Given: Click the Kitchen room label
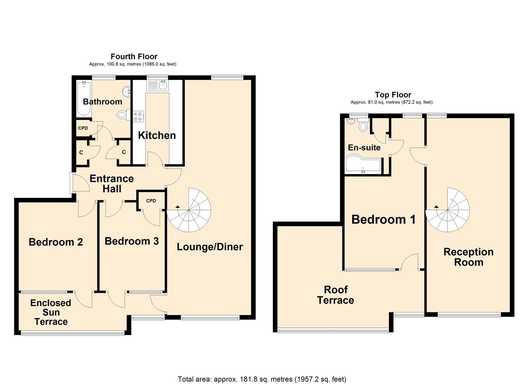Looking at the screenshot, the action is coord(157,135).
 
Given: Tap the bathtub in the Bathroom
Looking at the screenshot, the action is coord(84,99).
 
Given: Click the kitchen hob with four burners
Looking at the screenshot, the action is coord(138,116).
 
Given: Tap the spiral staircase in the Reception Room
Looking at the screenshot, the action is coord(448,210).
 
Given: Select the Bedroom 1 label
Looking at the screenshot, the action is coord(384,219).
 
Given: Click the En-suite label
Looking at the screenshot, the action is coord(364,147).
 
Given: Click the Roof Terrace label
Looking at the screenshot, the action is coord(336,295).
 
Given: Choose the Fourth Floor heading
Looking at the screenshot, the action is coord(134,57).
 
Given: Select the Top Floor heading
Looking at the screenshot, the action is coord(393,95).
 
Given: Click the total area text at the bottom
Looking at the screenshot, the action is coord(262,379).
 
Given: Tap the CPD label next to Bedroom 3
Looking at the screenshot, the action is coord(151,201).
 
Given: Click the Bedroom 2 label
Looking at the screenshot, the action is coord(56,242).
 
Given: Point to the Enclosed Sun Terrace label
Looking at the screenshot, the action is coord(51,312).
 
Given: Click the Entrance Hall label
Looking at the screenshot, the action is coord(112,184).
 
